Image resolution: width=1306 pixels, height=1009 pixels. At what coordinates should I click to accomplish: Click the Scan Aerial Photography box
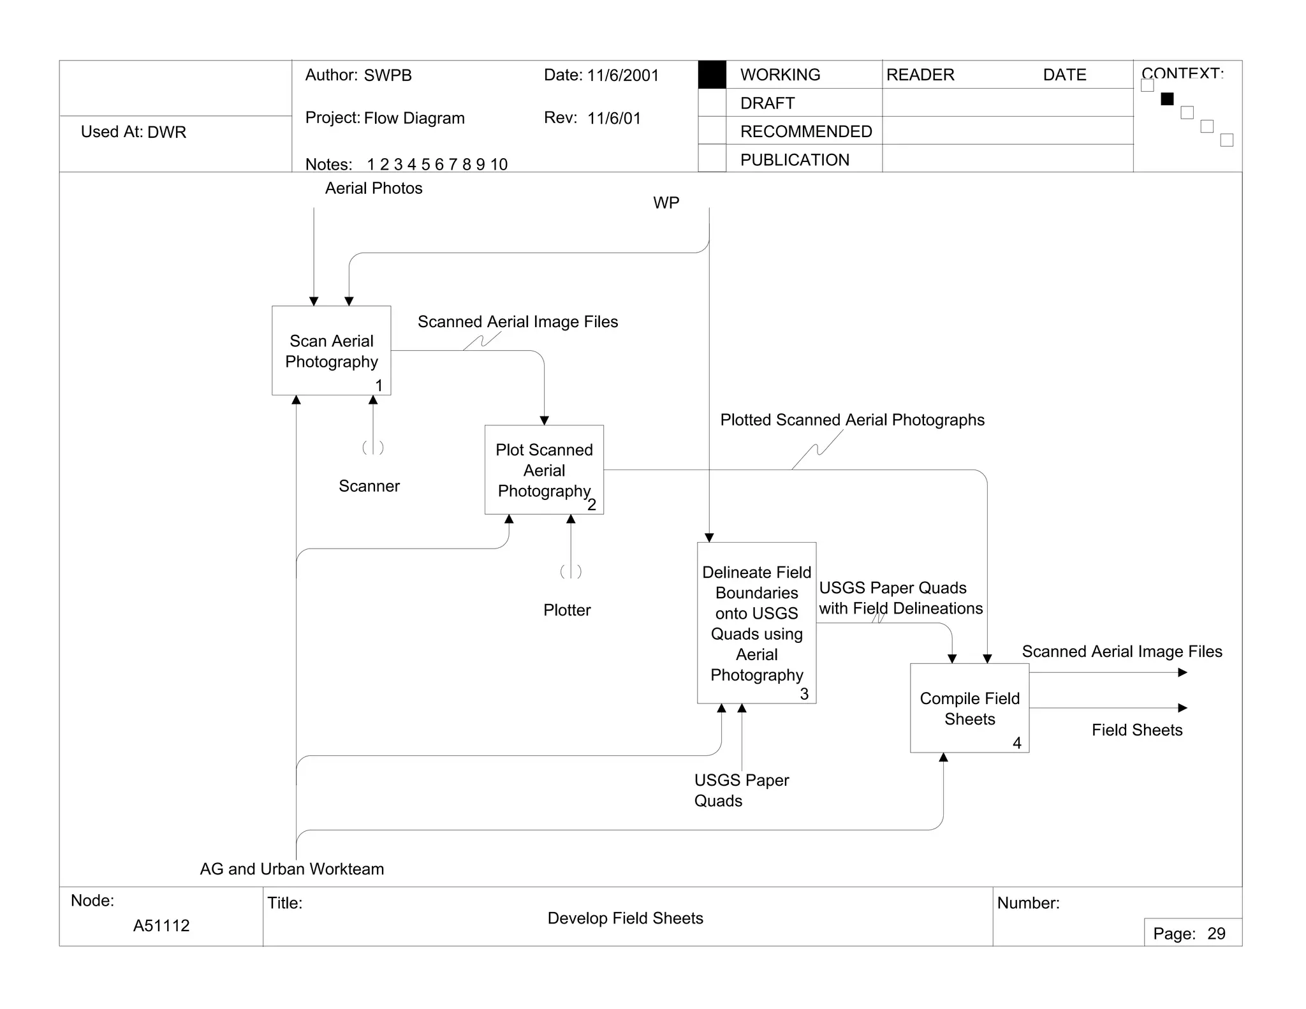pyautogui.click(x=331, y=351)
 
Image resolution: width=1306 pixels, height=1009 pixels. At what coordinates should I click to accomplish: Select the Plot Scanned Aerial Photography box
pyautogui.click(x=544, y=470)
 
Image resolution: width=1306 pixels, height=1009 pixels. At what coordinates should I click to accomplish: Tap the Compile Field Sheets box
pyautogui.click(x=969, y=708)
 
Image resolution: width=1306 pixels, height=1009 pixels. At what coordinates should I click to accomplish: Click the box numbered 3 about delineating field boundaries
pyautogui.click(x=756, y=623)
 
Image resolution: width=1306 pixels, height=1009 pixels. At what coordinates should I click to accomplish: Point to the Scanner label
pyautogui.click(x=369, y=486)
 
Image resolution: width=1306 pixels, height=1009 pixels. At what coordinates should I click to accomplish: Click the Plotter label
pyautogui.click(x=567, y=610)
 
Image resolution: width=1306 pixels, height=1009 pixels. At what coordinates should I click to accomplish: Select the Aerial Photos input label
pyautogui.click(x=374, y=188)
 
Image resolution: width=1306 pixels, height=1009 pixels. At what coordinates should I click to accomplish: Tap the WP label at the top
pyautogui.click(x=666, y=203)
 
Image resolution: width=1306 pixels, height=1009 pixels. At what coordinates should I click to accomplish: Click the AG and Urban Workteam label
pyautogui.click(x=292, y=869)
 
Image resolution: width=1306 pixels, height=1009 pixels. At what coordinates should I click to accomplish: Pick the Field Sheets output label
pyautogui.click(x=1137, y=730)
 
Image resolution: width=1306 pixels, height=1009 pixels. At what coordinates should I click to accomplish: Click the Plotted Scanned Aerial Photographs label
pyautogui.click(x=852, y=420)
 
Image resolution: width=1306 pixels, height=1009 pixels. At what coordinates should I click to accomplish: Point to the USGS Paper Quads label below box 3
pyautogui.click(x=741, y=790)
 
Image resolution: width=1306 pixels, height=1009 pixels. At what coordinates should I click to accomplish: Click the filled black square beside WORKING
pyautogui.click(x=712, y=75)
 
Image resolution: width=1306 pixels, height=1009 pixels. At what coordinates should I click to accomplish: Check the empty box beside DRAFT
pyautogui.click(x=712, y=103)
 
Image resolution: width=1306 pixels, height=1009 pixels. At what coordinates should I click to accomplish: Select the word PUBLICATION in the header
pyautogui.click(x=795, y=159)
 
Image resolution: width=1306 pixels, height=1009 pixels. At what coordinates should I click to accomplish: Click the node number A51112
pyautogui.click(x=161, y=925)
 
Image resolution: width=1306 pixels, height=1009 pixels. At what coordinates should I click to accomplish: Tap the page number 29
pyautogui.click(x=1216, y=934)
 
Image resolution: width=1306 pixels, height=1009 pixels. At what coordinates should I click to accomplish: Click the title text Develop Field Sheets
pyautogui.click(x=625, y=918)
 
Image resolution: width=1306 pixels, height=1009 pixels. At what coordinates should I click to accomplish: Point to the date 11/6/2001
pyautogui.click(x=622, y=75)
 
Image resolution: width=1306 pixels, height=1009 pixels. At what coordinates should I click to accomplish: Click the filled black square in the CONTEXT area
pyautogui.click(x=1167, y=99)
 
